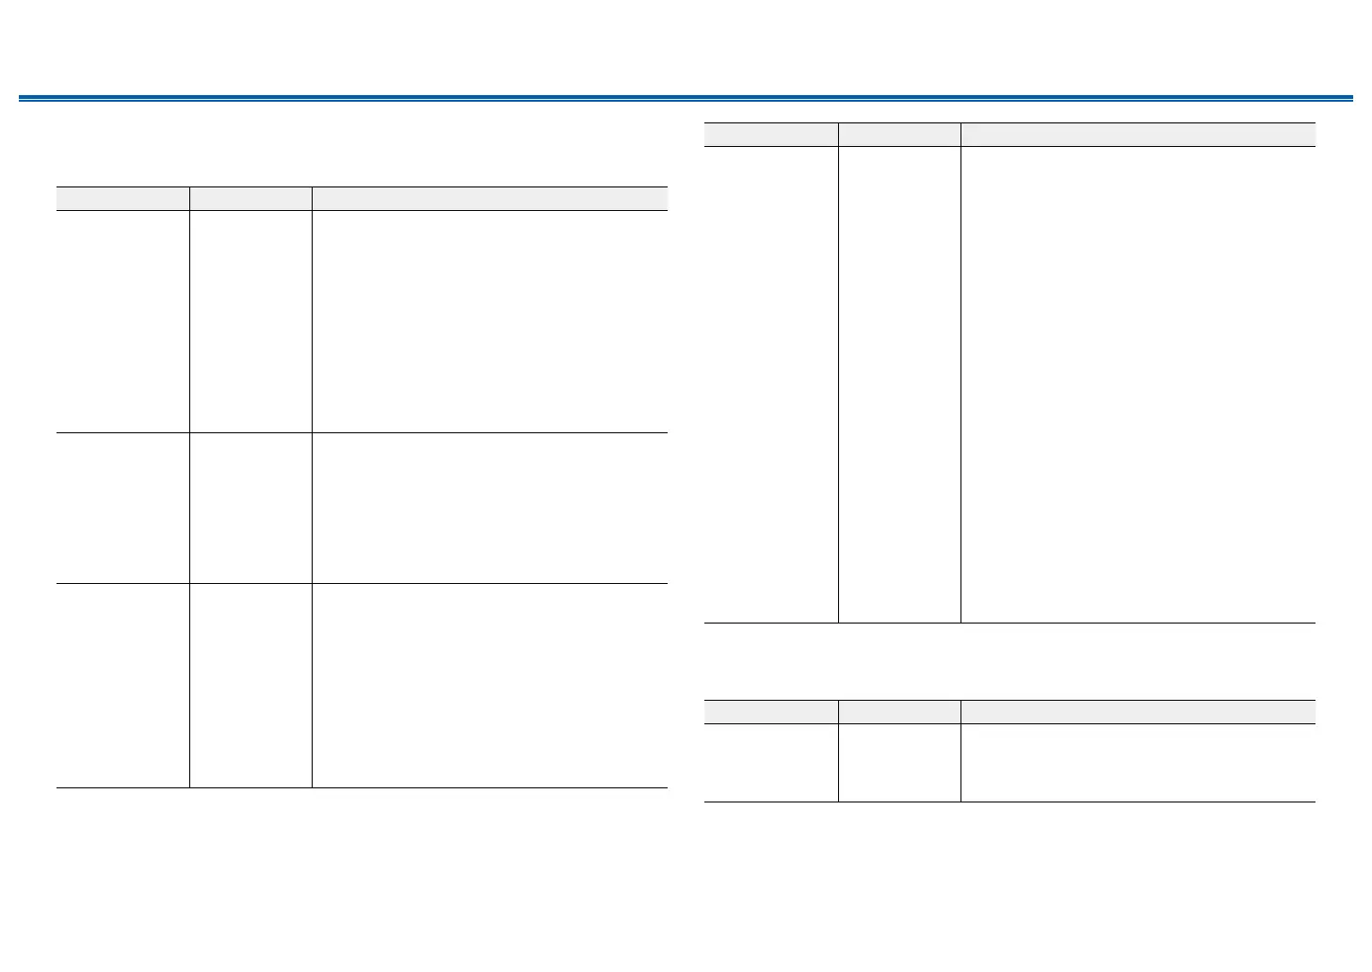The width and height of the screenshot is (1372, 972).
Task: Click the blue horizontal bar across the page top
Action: (686, 98)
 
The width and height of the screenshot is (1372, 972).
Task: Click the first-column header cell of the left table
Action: (122, 198)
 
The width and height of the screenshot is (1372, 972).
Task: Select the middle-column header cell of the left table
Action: (250, 198)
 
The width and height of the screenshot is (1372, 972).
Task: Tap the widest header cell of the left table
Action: (490, 198)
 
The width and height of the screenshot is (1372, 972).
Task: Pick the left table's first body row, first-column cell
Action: (122, 321)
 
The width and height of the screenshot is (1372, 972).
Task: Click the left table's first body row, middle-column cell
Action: (250, 321)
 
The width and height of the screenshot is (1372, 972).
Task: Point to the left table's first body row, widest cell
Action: (490, 321)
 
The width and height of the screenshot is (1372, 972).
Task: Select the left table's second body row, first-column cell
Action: (122, 508)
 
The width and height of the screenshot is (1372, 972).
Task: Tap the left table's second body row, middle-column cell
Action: (250, 508)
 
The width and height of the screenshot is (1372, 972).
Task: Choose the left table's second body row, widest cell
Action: (490, 508)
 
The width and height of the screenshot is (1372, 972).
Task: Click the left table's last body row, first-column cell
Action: (122, 686)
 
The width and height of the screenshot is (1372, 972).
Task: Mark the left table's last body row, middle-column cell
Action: (250, 686)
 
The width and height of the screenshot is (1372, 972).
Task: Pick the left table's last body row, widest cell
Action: (490, 686)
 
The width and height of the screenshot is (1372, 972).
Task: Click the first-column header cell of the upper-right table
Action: (771, 134)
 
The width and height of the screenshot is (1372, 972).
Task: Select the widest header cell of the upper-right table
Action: (1138, 134)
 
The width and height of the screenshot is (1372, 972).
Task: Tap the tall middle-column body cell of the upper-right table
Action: (899, 384)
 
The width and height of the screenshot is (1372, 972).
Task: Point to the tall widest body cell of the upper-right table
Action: (1138, 384)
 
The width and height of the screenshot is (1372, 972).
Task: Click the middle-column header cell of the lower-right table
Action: (899, 711)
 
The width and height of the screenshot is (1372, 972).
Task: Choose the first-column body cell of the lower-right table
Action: (771, 763)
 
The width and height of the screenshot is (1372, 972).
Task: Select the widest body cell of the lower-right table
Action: (1138, 763)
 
